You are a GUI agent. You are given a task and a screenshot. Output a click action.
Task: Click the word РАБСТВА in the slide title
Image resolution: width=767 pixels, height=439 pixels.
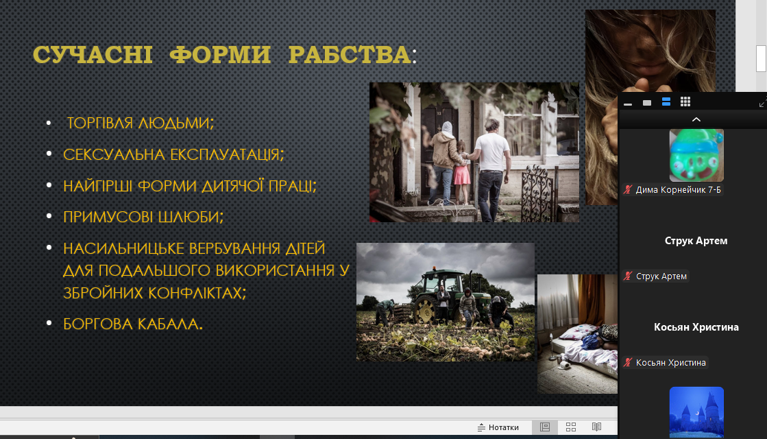pos(350,54)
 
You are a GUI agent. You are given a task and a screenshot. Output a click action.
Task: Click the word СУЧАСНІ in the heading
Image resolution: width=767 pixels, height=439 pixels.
pos(93,54)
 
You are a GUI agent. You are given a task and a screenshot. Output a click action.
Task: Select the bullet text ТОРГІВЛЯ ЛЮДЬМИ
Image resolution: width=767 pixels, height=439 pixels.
pos(141,123)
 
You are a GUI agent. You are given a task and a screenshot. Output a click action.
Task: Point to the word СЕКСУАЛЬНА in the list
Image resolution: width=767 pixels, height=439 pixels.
pos(114,154)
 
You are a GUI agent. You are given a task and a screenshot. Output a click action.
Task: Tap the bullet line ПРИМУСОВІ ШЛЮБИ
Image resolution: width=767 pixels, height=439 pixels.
pos(143,217)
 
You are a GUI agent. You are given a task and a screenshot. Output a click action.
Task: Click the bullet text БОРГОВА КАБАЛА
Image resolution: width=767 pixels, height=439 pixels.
pos(132,324)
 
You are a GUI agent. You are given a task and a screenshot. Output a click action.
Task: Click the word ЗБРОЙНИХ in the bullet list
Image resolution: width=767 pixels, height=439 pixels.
pos(104,293)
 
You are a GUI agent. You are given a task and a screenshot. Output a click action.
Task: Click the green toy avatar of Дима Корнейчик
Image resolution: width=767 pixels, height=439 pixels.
pos(696,155)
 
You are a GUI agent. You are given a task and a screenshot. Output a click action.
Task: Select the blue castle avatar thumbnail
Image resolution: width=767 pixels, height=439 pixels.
pos(696,412)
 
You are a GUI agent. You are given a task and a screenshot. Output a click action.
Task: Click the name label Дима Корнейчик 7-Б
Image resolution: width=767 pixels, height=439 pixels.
pos(678,190)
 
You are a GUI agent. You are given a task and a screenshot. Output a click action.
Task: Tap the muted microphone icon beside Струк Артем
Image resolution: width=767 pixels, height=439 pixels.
pos(628,276)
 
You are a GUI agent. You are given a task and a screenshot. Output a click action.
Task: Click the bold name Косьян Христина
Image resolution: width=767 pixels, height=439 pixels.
pos(696,327)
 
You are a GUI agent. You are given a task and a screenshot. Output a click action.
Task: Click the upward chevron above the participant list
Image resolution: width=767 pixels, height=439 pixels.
pos(696,119)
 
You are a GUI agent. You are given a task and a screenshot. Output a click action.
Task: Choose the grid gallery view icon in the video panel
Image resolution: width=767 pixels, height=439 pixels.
pos(685,102)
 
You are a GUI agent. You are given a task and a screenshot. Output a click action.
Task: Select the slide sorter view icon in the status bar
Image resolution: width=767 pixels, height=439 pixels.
pos(571,427)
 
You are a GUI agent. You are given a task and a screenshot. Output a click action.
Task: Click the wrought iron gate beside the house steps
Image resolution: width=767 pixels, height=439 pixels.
pos(537,193)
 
